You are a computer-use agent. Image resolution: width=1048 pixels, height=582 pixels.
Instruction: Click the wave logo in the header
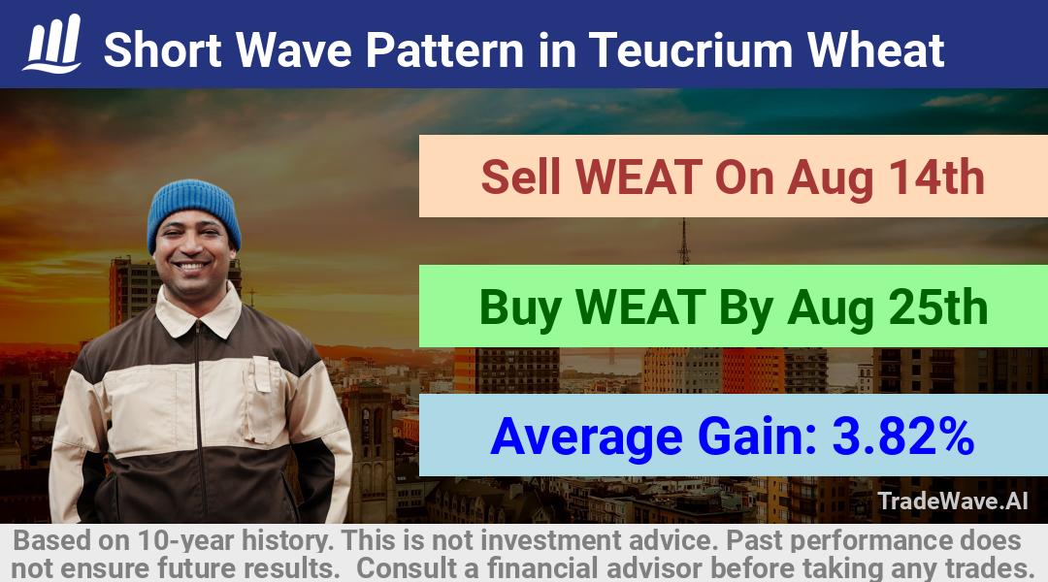pos(52,43)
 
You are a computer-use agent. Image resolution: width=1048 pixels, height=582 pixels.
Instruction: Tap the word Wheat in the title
pos(876,50)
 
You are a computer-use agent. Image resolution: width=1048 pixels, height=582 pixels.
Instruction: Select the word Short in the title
pos(163,50)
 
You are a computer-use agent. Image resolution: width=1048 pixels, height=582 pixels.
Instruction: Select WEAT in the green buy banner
pos(640,307)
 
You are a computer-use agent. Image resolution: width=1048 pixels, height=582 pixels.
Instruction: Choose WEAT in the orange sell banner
pos(638,178)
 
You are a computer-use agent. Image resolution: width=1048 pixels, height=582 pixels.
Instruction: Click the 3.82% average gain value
pos(903,436)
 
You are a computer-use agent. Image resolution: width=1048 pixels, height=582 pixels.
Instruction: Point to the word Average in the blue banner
pos(586,437)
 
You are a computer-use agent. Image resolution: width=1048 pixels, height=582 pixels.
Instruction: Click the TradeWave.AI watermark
pos(953,501)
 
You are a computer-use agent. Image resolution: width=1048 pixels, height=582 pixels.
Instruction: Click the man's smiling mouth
pos(192,267)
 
